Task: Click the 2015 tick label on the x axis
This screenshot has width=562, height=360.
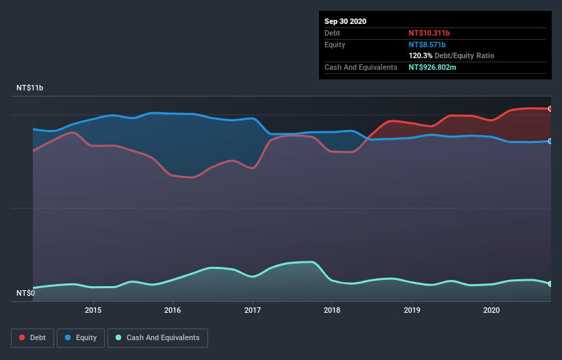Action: [93, 310]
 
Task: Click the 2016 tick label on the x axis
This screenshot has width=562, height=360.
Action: [173, 310]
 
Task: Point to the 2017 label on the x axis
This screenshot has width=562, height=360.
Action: [253, 310]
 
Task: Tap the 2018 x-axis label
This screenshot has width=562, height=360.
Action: [332, 310]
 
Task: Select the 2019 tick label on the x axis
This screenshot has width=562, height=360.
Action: [412, 310]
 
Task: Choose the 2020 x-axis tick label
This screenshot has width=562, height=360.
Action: [491, 310]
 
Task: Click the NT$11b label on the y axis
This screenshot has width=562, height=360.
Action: [30, 88]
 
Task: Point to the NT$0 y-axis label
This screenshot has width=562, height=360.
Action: [25, 293]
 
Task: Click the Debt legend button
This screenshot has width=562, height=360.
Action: [32, 337]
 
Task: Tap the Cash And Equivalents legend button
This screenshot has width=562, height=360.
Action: [157, 337]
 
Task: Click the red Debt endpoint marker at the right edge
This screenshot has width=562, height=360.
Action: [550, 109]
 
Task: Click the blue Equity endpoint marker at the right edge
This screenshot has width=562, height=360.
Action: [550, 141]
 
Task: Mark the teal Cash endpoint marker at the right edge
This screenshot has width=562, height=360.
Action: [550, 283]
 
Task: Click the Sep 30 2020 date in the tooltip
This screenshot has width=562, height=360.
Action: [346, 21]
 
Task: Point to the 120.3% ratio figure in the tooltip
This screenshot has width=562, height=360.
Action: [420, 55]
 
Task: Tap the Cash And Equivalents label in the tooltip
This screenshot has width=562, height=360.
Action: [361, 67]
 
